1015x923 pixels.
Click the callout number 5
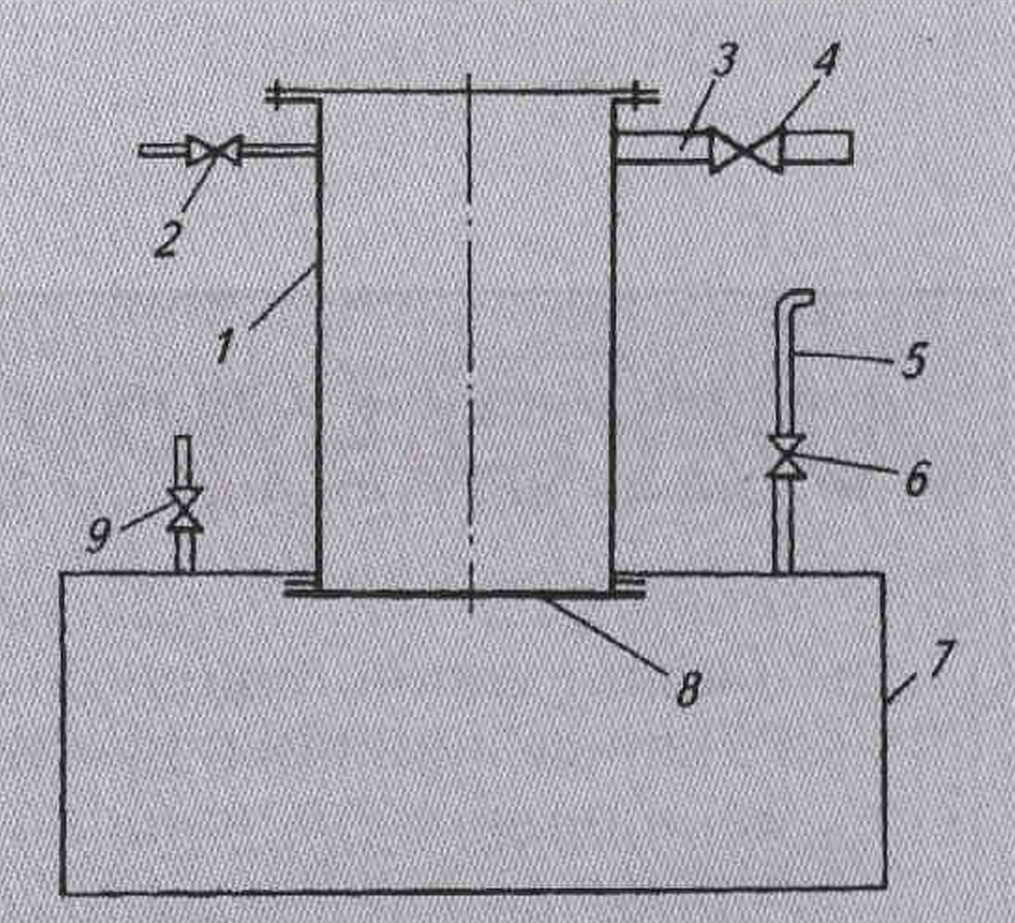tap(914, 360)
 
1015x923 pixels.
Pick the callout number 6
tap(916, 481)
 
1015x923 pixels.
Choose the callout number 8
tap(687, 689)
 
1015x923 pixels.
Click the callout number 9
tap(99, 538)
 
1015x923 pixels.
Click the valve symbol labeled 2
tap(214, 150)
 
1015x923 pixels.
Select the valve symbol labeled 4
tap(745, 151)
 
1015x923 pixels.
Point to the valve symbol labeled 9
tap(184, 510)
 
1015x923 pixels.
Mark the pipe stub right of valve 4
tap(817, 147)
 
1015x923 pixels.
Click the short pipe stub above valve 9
tap(184, 457)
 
